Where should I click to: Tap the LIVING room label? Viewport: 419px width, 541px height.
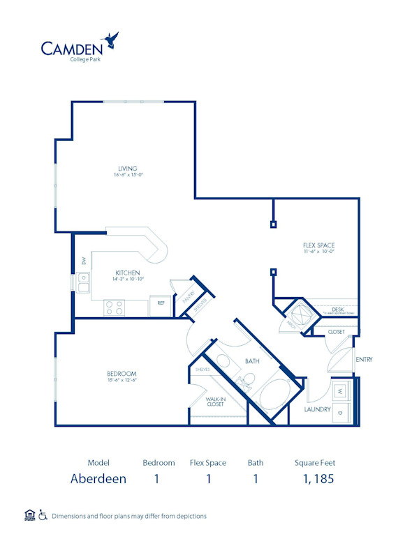(x=127, y=168)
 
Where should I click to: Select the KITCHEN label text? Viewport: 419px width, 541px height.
(x=128, y=273)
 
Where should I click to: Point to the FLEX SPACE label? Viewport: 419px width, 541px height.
(x=318, y=245)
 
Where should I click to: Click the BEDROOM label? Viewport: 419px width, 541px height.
(x=122, y=374)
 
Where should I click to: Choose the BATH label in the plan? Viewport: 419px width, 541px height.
(x=252, y=361)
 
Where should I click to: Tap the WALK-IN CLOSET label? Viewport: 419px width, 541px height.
(x=214, y=402)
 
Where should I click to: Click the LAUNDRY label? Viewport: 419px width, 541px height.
(x=317, y=409)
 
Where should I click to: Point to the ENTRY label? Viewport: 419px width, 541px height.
(x=364, y=360)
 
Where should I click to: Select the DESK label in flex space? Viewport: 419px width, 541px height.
(x=338, y=310)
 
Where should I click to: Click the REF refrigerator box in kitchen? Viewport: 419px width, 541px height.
(x=161, y=304)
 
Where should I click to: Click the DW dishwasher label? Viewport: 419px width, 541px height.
(x=83, y=261)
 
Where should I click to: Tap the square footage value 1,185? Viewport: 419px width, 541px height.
(x=319, y=478)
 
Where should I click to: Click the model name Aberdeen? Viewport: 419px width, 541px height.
(x=98, y=478)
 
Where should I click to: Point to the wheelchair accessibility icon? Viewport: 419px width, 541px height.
(x=43, y=516)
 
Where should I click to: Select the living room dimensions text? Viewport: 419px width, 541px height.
(x=127, y=175)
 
